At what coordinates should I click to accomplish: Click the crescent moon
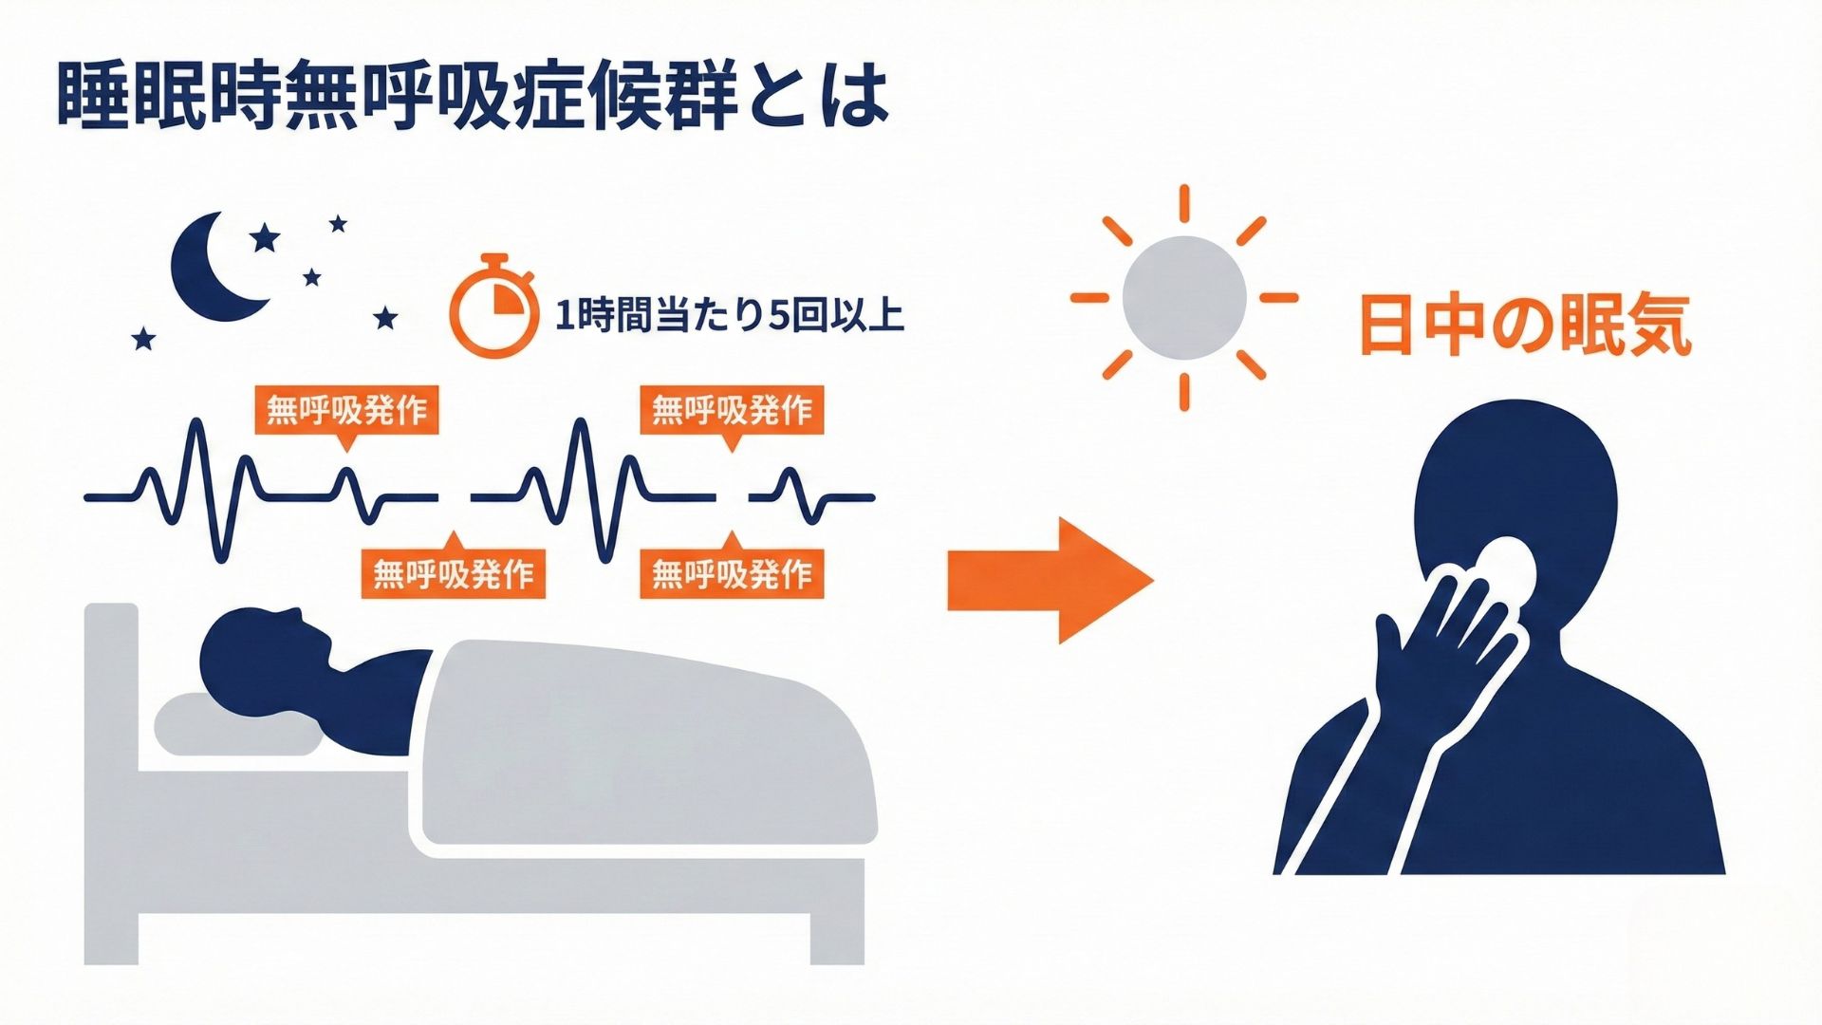pos(211,267)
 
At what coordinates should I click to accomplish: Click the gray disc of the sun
pos(1183,297)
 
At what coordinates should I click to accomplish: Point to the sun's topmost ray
pos(1184,204)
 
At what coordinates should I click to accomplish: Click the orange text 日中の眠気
pos(1525,326)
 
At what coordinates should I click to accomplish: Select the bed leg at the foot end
pos(837,939)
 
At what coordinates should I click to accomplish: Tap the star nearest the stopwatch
pos(385,318)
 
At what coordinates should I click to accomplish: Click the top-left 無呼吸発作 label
pos(347,410)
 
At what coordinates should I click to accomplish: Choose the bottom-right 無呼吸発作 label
pos(732,573)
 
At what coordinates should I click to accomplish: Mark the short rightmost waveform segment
pos(812,495)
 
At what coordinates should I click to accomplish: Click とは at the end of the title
pos(819,97)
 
